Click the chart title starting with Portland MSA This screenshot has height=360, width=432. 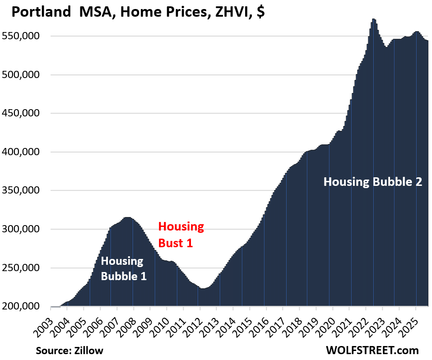tap(138, 12)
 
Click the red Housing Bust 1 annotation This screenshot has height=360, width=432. tap(181, 234)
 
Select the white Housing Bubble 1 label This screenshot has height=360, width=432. tap(123, 268)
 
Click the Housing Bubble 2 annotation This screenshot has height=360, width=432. tap(373, 182)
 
